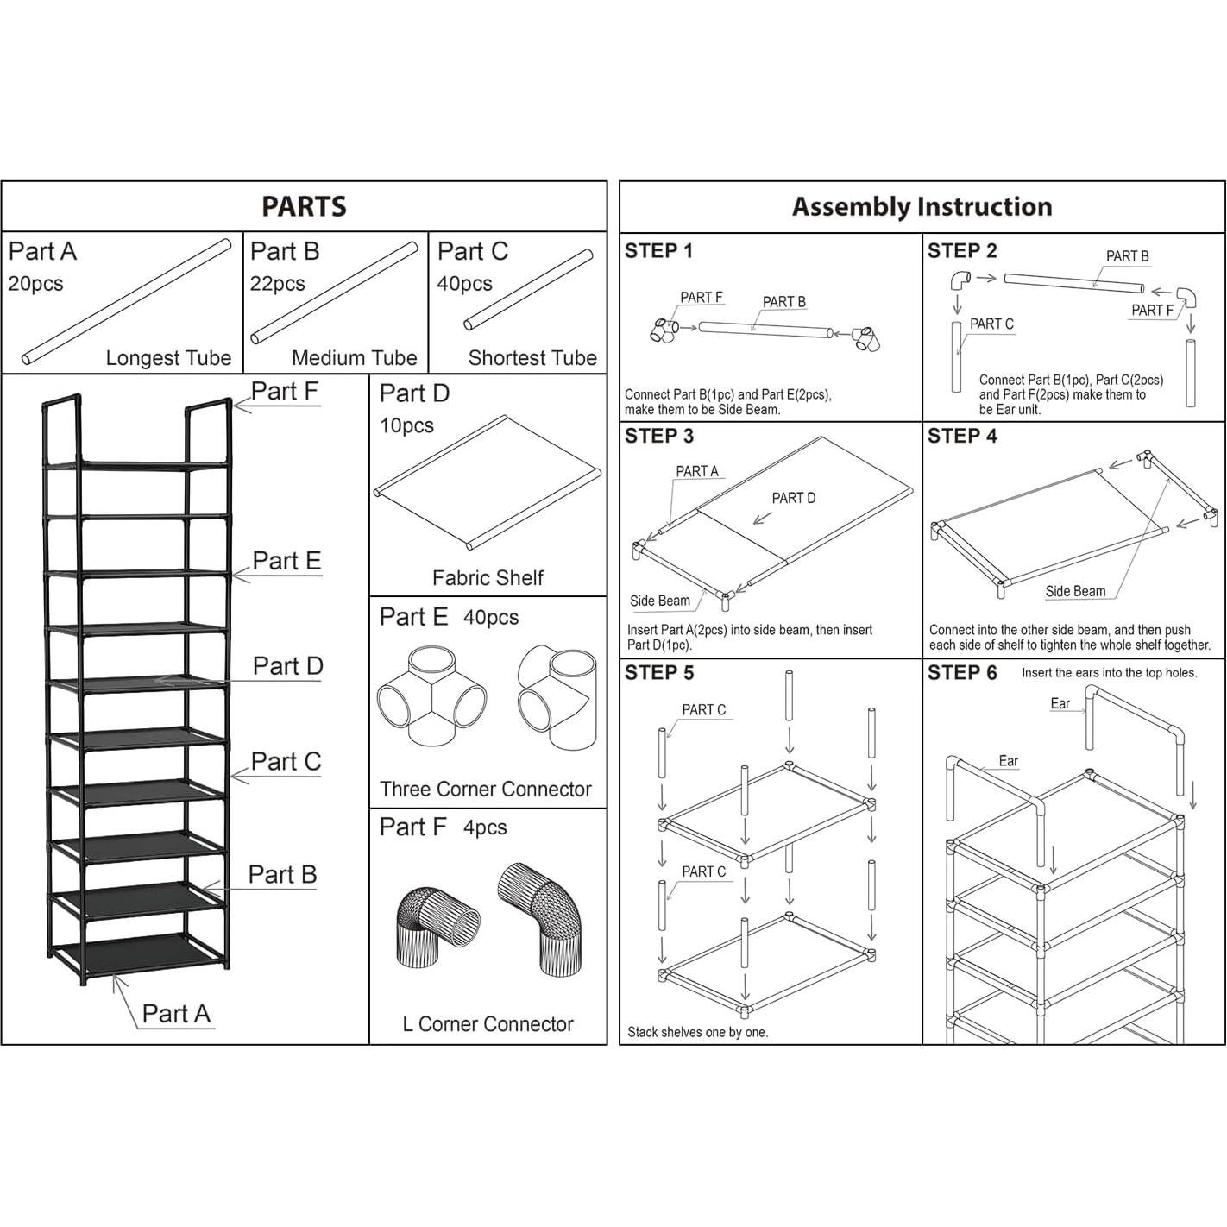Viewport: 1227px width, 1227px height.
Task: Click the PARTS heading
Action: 304,206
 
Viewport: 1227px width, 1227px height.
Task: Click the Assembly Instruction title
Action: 922,207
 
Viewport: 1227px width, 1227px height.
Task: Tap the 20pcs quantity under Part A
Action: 35,283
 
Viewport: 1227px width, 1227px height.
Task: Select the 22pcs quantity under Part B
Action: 277,283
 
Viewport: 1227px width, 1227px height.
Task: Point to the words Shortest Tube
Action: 532,358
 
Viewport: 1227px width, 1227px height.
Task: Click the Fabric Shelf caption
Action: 488,577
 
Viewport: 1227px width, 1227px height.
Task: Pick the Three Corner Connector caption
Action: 486,789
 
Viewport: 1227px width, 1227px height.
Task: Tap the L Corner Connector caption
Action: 488,1024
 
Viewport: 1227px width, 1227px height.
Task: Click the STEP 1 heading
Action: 658,251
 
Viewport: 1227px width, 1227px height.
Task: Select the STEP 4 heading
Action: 962,436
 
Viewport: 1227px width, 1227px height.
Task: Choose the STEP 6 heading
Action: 962,672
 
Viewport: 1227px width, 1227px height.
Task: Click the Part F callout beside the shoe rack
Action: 284,391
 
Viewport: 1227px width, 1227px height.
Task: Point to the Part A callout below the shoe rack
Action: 176,1014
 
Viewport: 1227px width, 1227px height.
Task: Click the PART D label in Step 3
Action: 793,498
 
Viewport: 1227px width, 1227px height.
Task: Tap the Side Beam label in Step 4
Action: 1075,591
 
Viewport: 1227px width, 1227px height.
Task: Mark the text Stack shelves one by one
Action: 697,1032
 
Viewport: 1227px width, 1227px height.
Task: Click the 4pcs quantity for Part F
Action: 485,827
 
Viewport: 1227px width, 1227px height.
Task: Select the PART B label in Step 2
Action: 1127,256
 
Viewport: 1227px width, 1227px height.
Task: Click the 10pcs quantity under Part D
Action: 407,425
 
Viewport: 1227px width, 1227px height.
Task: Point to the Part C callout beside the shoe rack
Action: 286,762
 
